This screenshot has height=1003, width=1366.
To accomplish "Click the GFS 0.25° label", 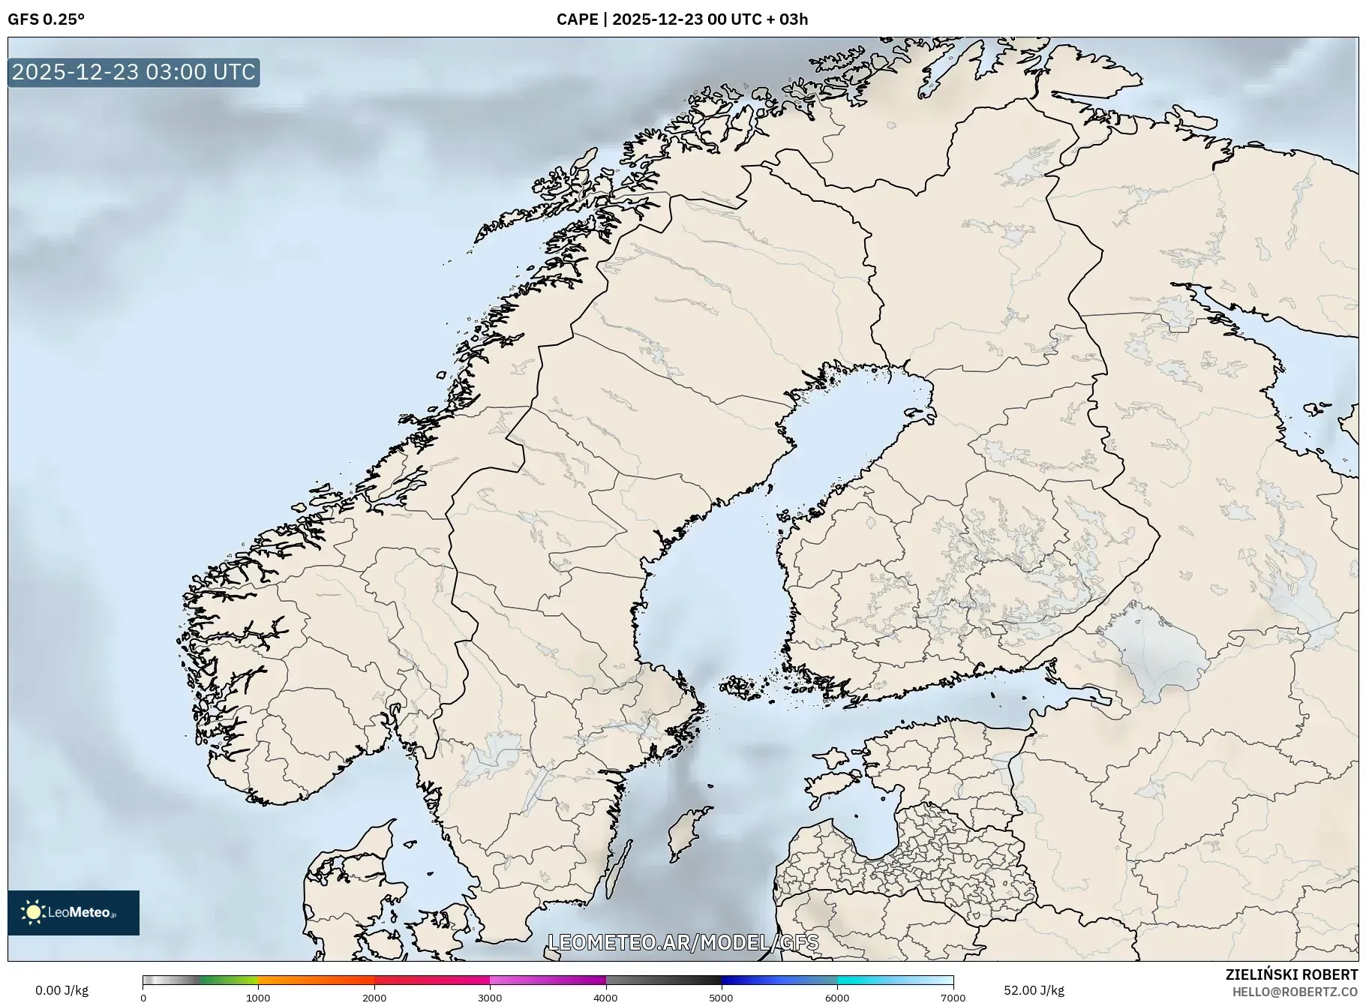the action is pyautogui.click(x=46, y=20).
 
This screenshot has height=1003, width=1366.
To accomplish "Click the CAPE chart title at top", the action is pyautogui.click(x=682, y=20).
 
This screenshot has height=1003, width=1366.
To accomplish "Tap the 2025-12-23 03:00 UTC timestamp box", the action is pyautogui.click(x=134, y=72).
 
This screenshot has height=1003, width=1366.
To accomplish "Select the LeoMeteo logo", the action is pyautogui.click(x=74, y=912).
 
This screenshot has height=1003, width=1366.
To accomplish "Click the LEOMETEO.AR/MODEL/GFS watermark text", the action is pyautogui.click(x=683, y=942).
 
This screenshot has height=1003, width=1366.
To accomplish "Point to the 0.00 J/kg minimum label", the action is pyautogui.click(x=62, y=990).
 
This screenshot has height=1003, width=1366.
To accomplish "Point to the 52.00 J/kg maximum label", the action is pyautogui.click(x=1034, y=990).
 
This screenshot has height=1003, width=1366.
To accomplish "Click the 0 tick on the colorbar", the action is pyautogui.click(x=143, y=998).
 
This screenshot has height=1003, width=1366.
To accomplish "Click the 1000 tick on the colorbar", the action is pyautogui.click(x=258, y=998).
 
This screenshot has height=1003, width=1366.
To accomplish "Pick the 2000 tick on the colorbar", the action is pyautogui.click(x=374, y=998).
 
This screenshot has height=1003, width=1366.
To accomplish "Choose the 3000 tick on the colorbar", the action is pyautogui.click(x=490, y=998).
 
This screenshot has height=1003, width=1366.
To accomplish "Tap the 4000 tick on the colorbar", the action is pyautogui.click(x=606, y=998).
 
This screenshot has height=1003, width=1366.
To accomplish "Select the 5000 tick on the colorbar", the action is pyautogui.click(x=722, y=998).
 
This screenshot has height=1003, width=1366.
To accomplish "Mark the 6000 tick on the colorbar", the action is pyautogui.click(x=837, y=998).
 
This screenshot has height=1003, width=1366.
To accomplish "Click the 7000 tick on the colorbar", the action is pyautogui.click(x=953, y=998).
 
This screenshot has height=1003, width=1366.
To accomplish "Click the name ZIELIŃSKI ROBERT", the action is pyautogui.click(x=1291, y=974).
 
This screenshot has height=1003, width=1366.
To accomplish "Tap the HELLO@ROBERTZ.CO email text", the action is pyautogui.click(x=1295, y=992).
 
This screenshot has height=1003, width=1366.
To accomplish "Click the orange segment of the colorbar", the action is pyautogui.click(x=315, y=980).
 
